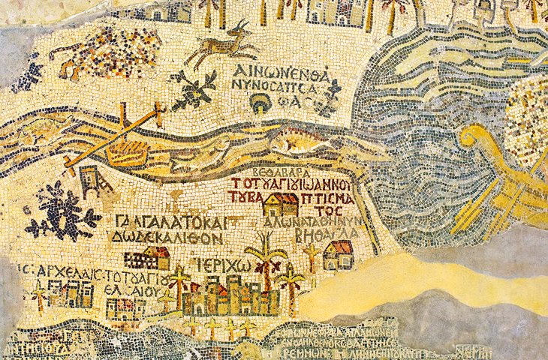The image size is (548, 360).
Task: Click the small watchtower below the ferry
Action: [x=91, y=181]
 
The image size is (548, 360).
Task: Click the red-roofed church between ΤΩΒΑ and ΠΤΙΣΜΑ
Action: [x=281, y=203]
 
